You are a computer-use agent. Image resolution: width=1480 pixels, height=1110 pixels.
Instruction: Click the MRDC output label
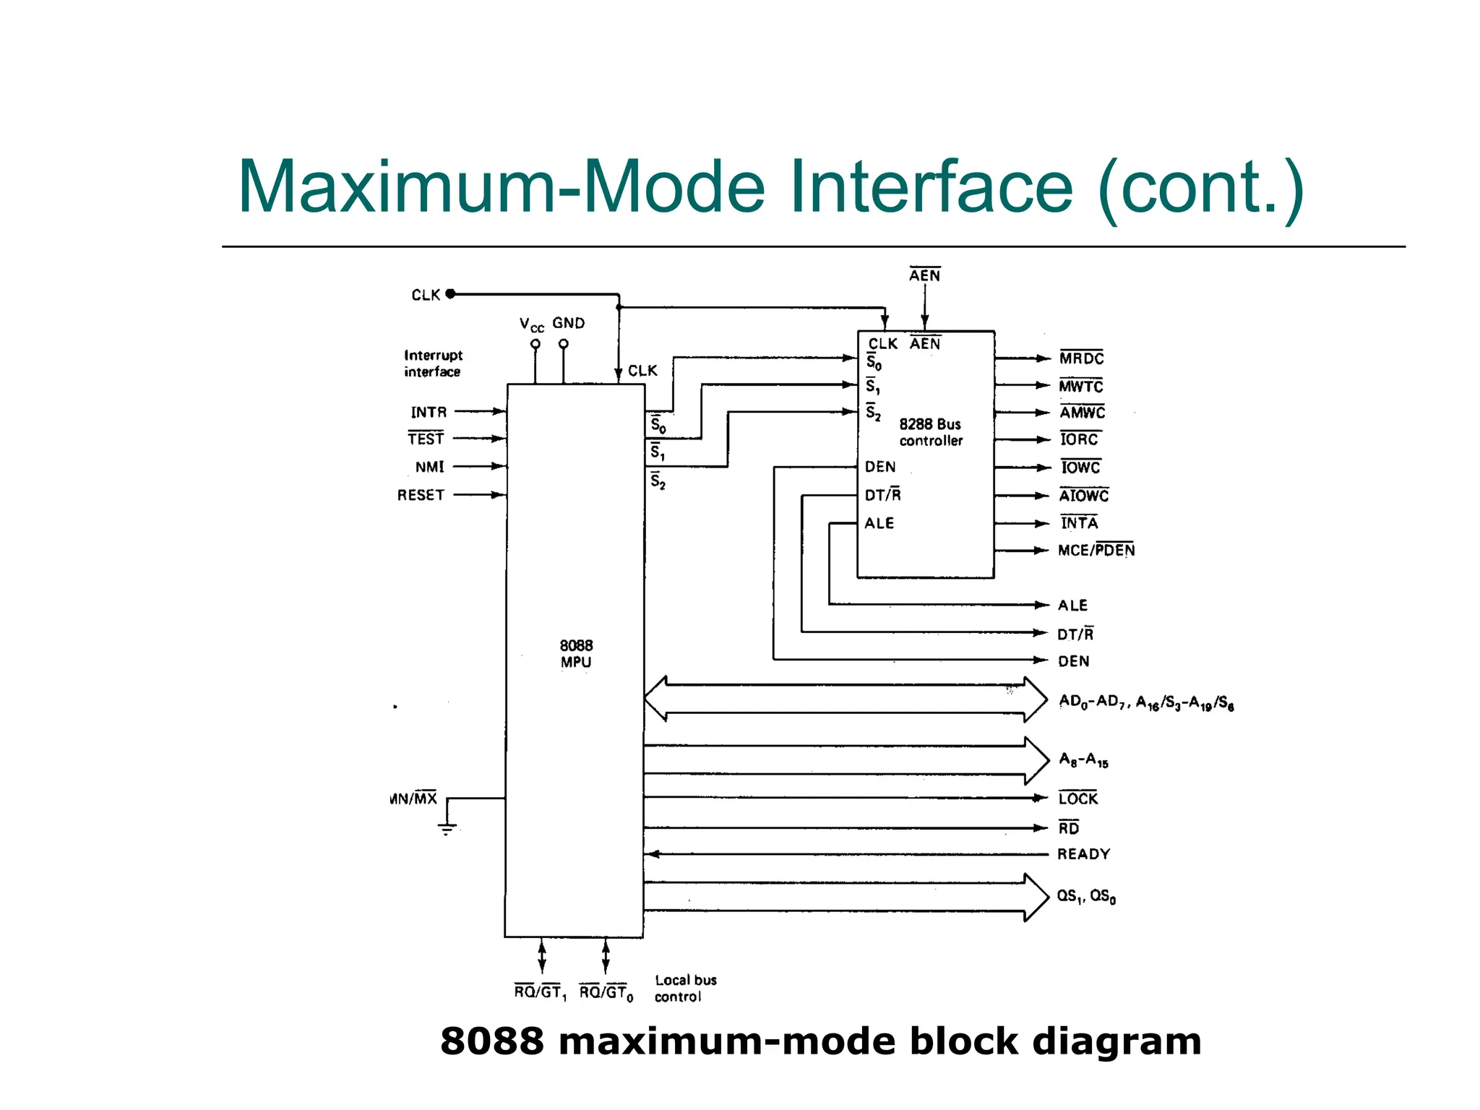[1081, 358]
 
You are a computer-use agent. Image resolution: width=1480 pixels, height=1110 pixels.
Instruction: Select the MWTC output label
[1081, 386]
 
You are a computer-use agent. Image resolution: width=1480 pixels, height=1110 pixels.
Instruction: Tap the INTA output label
[1079, 522]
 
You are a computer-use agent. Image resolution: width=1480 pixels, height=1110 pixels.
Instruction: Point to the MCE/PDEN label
[1096, 551]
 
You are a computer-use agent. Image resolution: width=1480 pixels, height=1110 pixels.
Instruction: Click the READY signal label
[1083, 854]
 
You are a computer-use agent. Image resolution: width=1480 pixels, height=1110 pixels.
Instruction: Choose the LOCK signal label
[1077, 799]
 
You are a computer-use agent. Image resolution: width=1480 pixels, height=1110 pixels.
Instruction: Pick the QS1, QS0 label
[1086, 896]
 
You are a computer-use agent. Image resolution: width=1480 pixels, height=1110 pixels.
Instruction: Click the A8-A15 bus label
[1083, 760]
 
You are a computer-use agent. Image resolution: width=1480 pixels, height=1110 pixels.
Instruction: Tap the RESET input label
[421, 495]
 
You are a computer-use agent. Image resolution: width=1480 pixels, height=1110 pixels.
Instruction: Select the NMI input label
[429, 467]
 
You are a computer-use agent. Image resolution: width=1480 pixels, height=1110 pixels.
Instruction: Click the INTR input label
[429, 412]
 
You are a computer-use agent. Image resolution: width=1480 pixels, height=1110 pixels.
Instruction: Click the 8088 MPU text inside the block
[576, 653]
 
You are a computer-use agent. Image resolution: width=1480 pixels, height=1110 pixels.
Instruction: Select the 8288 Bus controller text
[931, 432]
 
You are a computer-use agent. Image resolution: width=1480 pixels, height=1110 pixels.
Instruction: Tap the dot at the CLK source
[450, 293]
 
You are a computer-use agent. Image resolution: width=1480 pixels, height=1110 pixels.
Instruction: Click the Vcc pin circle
[535, 344]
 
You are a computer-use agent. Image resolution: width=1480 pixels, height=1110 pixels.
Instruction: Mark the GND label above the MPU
[568, 323]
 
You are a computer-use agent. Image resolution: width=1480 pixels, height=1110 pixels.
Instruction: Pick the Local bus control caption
[684, 989]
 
